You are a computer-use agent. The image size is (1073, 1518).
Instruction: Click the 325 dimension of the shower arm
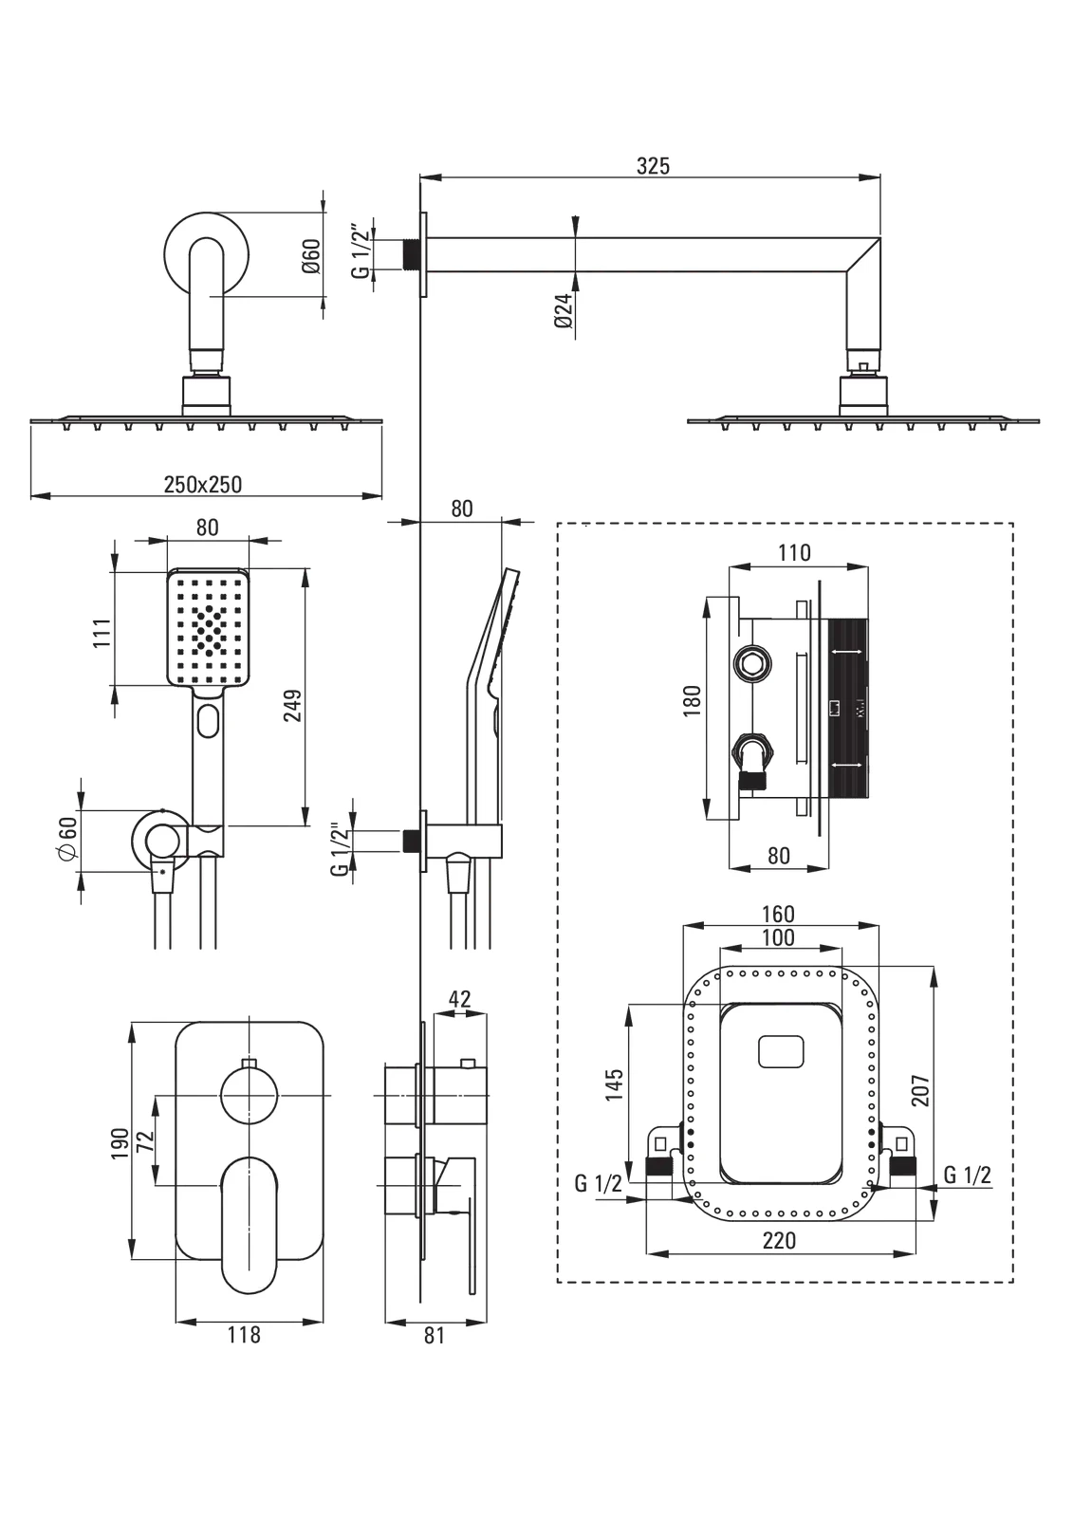(653, 166)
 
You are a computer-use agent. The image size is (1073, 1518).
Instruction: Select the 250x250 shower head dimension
(203, 485)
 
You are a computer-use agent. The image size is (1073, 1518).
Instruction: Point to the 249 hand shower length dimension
(293, 706)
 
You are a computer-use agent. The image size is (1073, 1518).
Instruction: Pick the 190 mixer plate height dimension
(120, 1143)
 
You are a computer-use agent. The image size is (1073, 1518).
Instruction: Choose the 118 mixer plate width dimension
(244, 1335)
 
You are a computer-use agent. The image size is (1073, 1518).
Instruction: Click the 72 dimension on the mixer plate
(145, 1141)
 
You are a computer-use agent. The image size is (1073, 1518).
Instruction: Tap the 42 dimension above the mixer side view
(459, 999)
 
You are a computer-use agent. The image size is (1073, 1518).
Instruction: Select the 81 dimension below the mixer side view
(434, 1335)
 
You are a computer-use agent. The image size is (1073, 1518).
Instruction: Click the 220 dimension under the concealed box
(779, 1241)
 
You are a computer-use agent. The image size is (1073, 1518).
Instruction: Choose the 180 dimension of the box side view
(693, 701)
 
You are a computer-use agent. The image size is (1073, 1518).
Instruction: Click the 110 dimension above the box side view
(794, 553)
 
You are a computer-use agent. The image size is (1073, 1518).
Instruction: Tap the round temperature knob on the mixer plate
(250, 1095)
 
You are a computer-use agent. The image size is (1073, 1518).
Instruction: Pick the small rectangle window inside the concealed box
(781, 1052)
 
